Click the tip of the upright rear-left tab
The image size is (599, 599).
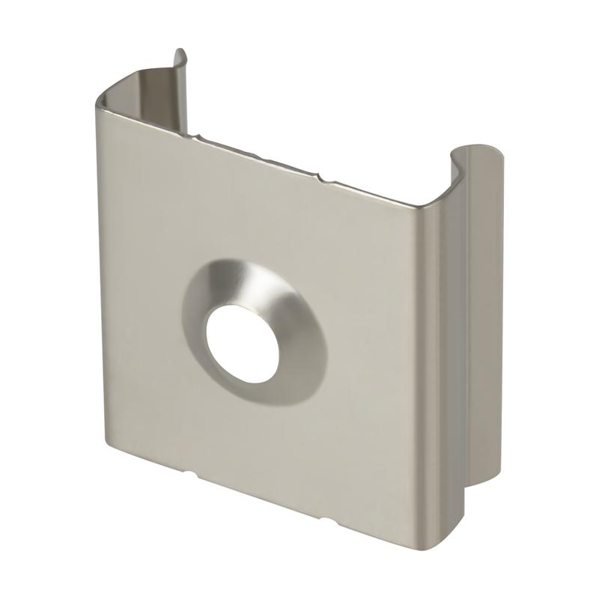[x=179, y=54]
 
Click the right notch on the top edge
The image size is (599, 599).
[x=320, y=177]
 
